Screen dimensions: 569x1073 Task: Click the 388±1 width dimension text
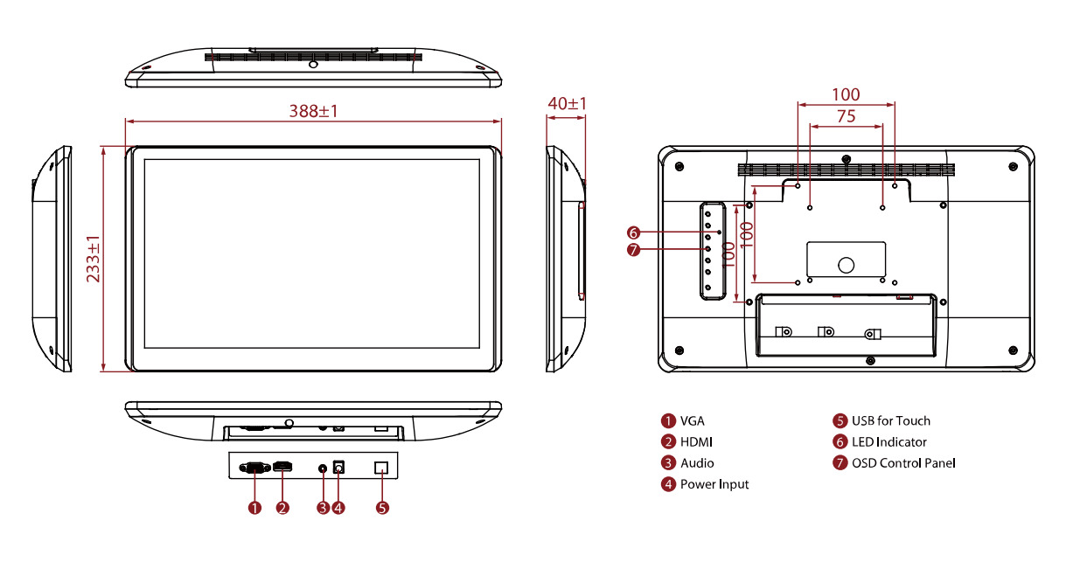click(x=313, y=111)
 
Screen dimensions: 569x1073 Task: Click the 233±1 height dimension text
click(x=93, y=259)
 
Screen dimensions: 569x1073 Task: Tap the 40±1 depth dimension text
click(x=567, y=103)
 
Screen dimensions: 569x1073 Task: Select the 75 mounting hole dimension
click(x=846, y=116)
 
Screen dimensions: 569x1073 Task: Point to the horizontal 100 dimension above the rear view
click(x=846, y=94)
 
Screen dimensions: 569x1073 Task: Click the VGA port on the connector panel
click(x=254, y=468)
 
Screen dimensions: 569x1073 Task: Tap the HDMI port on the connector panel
click(x=282, y=466)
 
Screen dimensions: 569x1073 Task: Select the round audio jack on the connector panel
click(x=323, y=468)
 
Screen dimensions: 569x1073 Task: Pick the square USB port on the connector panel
click(x=381, y=468)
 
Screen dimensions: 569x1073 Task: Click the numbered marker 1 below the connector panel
click(x=254, y=508)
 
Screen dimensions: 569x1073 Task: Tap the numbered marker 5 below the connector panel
click(x=382, y=508)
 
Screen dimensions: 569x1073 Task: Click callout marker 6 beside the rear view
click(x=634, y=232)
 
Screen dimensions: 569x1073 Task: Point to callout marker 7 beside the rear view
click(x=634, y=250)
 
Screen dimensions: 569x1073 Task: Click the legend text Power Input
click(x=714, y=484)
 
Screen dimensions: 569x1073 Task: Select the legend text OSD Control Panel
click(x=903, y=463)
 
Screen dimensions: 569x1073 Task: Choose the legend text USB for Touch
click(x=891, y=420)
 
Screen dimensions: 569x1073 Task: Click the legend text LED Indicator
click(x=889, y=442)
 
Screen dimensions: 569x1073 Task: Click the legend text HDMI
click(x=696, y=442)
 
